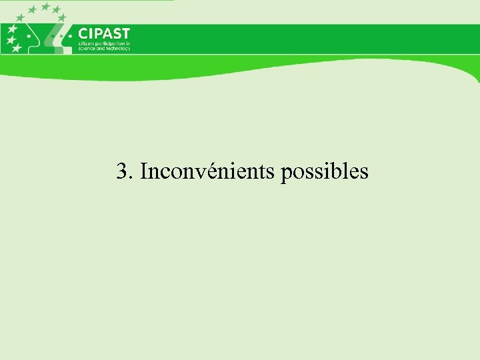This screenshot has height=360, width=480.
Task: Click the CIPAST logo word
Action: [104, 34]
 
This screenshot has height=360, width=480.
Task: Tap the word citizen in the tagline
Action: [87, 44]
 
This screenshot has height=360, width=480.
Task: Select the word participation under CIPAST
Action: [111, 44]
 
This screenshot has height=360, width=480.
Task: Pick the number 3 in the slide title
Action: [121, 172]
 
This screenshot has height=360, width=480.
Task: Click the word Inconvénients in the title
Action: [208, 172]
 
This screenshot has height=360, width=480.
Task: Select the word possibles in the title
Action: [325, 172]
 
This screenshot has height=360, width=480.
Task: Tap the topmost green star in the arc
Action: [46, 7]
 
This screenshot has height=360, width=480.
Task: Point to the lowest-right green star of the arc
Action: [61, 18]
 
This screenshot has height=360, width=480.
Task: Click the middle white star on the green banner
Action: [11, 39]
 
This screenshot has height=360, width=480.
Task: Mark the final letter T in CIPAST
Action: [125, 34]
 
